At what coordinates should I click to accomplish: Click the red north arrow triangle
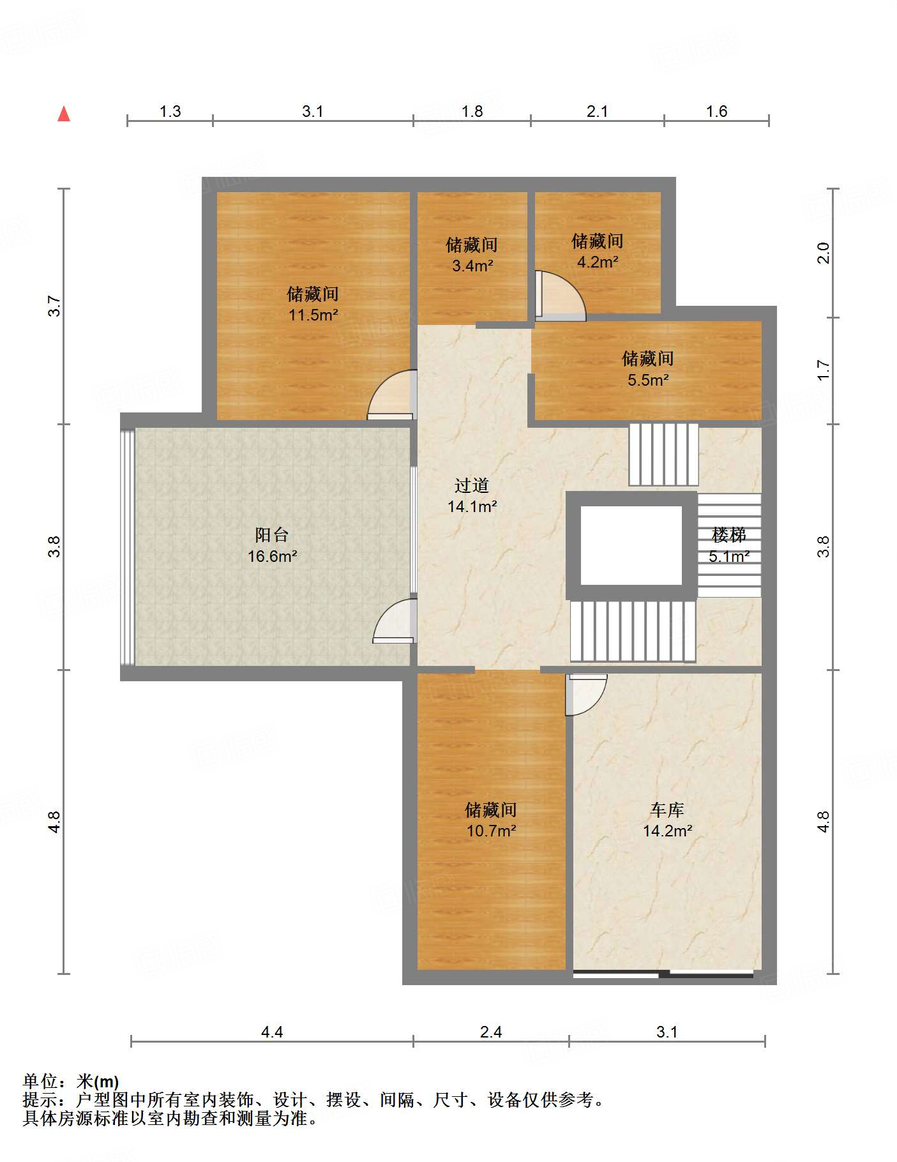(64, 114)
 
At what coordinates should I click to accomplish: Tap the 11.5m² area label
(313, 315)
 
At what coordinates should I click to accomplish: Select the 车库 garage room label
(667, 810)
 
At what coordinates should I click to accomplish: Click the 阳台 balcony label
(272, 535)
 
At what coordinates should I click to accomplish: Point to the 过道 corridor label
(472, 486)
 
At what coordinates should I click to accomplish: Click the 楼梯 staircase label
(728, 535)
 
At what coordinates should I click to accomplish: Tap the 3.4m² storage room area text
(472, 266)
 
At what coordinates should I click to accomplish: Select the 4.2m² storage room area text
(598, 262)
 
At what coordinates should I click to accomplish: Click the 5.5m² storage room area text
(648, 381)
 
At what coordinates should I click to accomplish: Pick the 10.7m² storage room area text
(491, 831)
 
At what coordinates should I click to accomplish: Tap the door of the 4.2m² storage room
(560, 296)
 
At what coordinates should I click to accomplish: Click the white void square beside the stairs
(631, 545)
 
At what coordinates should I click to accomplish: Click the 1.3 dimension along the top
(170, 112)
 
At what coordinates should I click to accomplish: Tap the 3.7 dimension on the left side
(55, 306)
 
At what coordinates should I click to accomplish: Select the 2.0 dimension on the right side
(824, 253)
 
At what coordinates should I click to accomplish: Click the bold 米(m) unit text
(98, 1082)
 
